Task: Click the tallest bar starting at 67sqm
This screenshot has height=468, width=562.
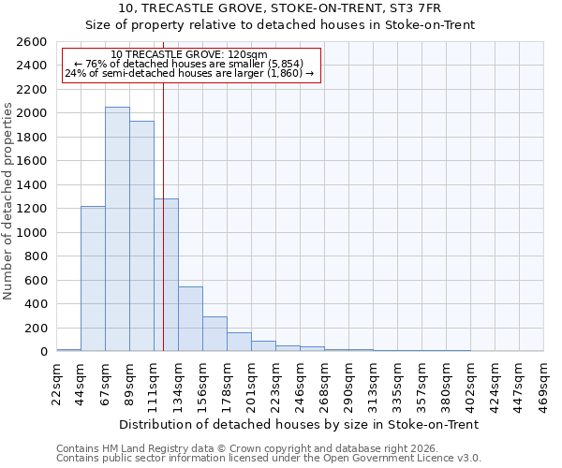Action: click(x=117, y=229)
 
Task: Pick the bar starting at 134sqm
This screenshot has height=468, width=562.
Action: click(x=190, y=319)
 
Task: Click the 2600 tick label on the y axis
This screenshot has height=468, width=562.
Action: click(x=33, y=42)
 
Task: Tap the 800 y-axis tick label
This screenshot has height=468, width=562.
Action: click(x=37, y=256)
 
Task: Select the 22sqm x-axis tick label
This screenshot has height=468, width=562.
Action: click(x=56, y=384)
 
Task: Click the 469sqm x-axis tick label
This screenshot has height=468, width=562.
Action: click(x=543, y=384)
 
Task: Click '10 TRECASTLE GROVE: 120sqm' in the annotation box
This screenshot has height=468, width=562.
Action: click(x=189, y=54)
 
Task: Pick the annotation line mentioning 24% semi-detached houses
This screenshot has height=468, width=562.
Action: click(x=189, y=73)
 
